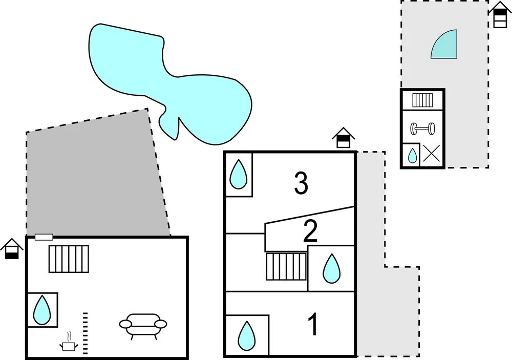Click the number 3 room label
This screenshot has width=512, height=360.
pyautogui.click(x=301, y=183)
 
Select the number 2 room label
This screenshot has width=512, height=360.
pyautogui.click(x=310, y=231)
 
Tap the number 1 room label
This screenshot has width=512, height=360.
pyautogui.click(x=313, y=325)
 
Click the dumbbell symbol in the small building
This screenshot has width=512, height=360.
pyautogui.click(x=422, y=128)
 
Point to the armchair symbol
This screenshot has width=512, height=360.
pyautogui.click(x=143, y=326)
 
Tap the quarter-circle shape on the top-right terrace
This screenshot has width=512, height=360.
pyautogui.click(x=445, y=45)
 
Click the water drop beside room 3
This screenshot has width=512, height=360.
pyautogui.click(x=238, y=174)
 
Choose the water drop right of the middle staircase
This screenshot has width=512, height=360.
pyautogui.click(x=331, y=268)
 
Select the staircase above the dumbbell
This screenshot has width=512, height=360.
pyautogui.click(x=423, y=100)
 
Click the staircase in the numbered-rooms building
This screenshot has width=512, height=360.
pyautogui.click(x=286, y=266)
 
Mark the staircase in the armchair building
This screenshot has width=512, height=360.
pyautogui.click(x=69, y=259)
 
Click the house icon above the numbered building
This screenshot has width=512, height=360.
pyautogui.click(x=343, y=138)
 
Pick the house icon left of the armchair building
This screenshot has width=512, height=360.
pyautogui.click(x=12, y=248)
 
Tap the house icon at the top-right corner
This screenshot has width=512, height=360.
pyautogui.click(x=500, y=14)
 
